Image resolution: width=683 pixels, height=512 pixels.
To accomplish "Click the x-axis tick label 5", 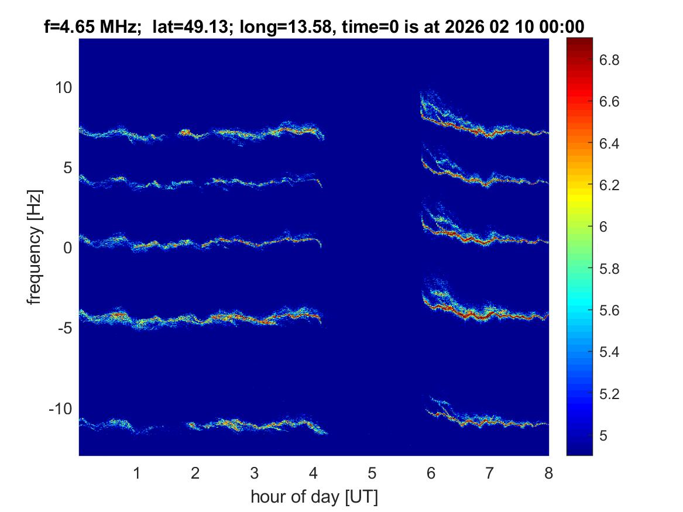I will point(372,473).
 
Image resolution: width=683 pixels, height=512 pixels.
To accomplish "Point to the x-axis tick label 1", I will point(137,473).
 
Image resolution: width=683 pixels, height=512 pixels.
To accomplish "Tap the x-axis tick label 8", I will point(548,473).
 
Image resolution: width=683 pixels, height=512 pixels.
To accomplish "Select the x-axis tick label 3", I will point(254,473).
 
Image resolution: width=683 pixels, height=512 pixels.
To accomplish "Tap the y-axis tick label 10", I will point(63,88).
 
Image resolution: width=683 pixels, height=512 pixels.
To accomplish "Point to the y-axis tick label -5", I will point(63,328).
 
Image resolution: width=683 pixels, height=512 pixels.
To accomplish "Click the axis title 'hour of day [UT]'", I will point(314,497).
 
